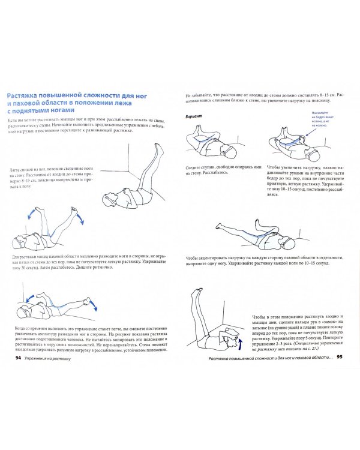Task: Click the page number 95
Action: point(339,358)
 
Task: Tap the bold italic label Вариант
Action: point(196,114)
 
